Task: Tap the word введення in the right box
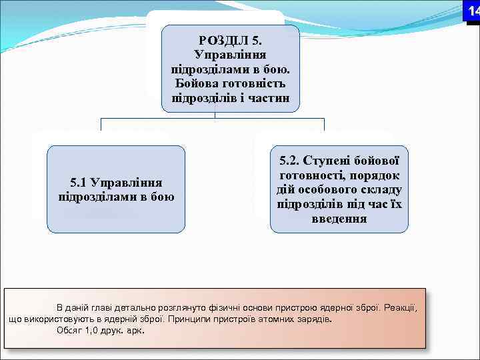339,219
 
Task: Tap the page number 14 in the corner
472,11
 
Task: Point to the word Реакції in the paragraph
399,307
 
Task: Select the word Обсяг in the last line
70,330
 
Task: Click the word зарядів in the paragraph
313,319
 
